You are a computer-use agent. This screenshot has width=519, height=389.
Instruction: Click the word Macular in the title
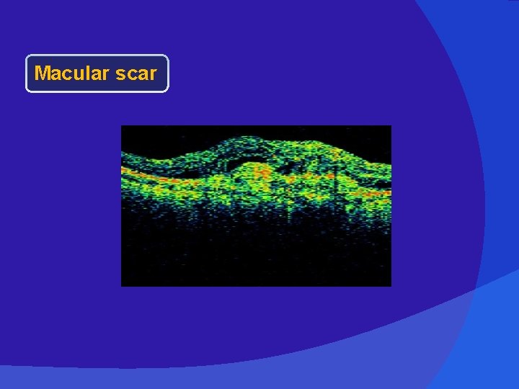pos(70,73)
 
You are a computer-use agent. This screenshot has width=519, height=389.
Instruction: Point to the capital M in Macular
pos(42,73)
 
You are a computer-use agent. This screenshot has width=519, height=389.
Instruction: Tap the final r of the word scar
pos(153,75)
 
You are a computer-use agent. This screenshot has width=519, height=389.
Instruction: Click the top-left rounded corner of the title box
pos(28,57)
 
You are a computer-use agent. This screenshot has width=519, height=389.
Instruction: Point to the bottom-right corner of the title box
pos(166,90)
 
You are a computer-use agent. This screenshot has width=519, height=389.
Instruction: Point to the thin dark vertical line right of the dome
pos(336,176)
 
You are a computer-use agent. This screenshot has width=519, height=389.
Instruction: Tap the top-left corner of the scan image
pos(122,127)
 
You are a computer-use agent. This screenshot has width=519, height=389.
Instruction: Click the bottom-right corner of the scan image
pos(390,285)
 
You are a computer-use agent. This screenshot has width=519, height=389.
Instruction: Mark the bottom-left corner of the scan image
pos(122,285)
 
